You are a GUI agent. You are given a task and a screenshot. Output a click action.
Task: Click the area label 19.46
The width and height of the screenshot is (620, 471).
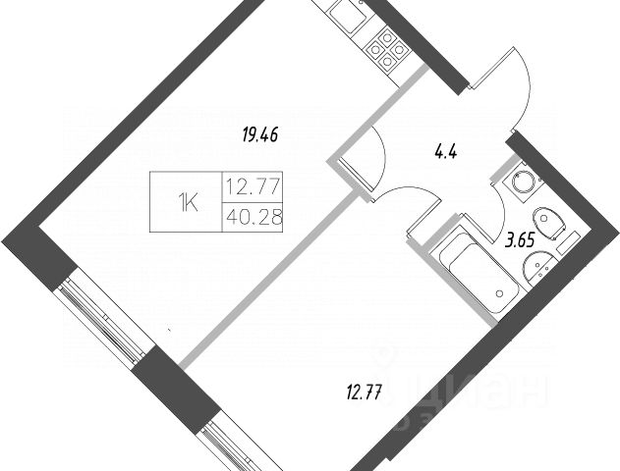pyautogui.click(x=261, y=136)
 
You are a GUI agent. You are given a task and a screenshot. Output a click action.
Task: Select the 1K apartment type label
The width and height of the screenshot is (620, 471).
pyautogui.click(x=184, y=203)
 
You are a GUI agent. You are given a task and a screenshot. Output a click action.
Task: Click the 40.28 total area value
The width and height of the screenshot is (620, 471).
pyautogui.click(x=254, y=216)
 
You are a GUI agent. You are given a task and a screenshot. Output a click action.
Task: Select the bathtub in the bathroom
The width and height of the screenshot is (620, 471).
pyautogui.click(x=476, y=271)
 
